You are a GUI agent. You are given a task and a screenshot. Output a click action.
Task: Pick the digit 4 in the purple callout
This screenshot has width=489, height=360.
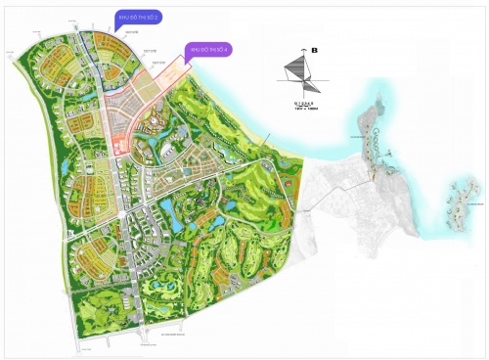point(231,48)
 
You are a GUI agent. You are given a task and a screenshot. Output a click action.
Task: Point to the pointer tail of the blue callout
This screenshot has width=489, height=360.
point(117,29)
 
